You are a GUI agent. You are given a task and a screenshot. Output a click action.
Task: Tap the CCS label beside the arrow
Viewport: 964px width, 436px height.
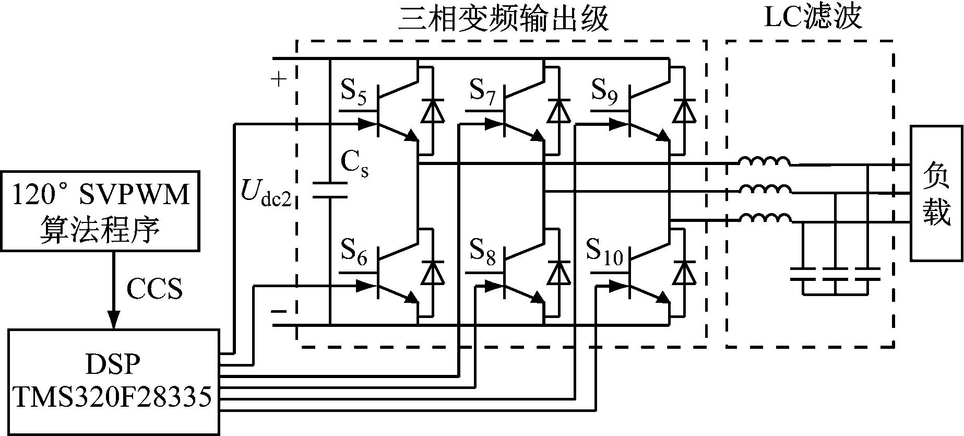tap(155, 288)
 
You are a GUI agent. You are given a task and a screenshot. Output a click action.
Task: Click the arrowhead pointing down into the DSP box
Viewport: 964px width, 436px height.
tap(113, 319)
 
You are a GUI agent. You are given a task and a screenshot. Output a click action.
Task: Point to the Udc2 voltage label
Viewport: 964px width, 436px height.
tap(267, 192)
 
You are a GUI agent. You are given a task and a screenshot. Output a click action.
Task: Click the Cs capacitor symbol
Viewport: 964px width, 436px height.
tap(330, 191)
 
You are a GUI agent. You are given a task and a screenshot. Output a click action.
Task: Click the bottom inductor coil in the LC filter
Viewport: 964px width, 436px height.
tap(764, 218)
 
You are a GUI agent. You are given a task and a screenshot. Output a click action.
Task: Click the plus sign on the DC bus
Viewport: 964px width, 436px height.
tap(279, 80)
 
